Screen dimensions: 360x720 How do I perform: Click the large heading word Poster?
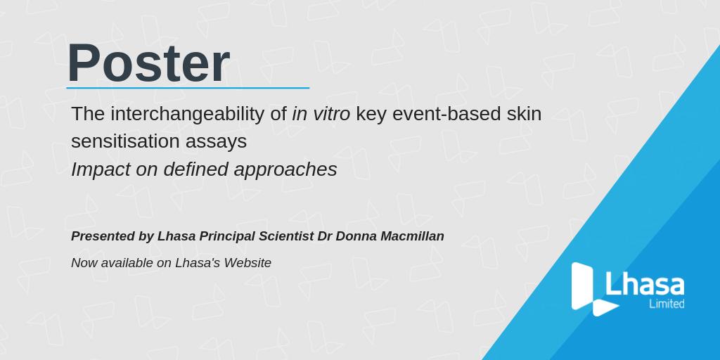pos(148,63)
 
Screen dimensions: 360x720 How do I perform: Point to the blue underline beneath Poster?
pos(188,89)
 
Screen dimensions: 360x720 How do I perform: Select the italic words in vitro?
pos(321,113)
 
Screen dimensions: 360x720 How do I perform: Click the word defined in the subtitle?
pos(195,169)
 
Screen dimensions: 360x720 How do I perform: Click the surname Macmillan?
pos(413,236)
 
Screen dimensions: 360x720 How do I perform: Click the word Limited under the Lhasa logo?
pos(667,304)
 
